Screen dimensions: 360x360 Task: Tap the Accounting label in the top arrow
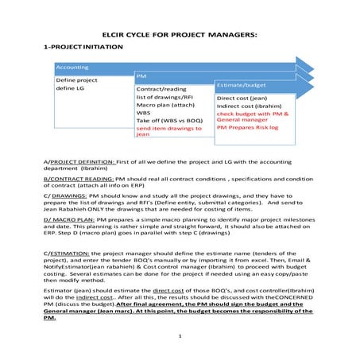72,68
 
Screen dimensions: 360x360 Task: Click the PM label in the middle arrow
141,77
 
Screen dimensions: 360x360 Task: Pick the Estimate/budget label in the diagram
243,83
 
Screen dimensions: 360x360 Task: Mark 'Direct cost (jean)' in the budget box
242,99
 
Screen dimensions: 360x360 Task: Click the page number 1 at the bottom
180,337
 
